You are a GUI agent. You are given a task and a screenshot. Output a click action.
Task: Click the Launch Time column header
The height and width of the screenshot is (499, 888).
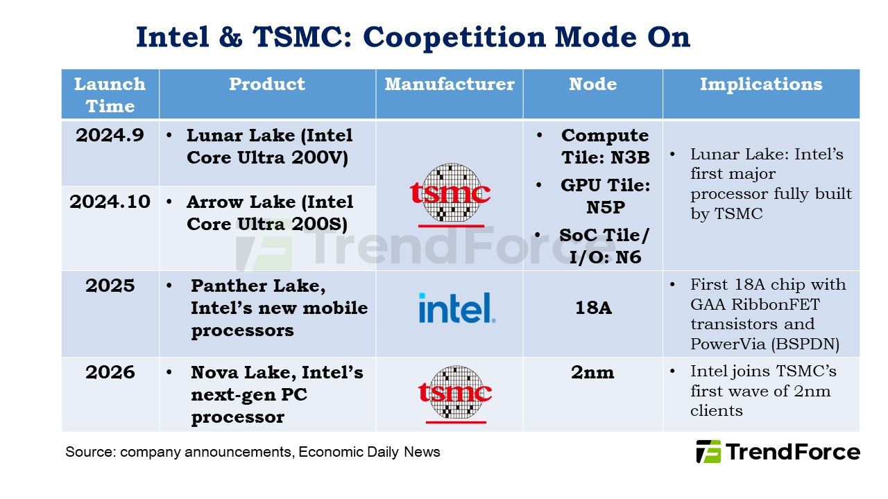(x=110, y=95)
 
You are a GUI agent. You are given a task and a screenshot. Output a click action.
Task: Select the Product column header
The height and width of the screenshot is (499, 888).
(x=267, y=84)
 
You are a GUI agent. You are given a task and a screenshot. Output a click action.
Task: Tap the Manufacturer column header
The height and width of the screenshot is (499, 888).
(x=450, y=84)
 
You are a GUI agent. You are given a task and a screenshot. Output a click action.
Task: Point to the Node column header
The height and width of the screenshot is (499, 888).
(x=592, y=84)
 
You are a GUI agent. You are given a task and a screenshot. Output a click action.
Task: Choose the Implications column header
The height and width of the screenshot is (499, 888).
(x=761, y=85)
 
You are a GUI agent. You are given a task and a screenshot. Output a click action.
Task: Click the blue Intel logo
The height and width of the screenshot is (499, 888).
(x=456, y=308)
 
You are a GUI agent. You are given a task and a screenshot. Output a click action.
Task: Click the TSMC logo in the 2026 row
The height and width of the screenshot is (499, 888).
(x=455, y=394)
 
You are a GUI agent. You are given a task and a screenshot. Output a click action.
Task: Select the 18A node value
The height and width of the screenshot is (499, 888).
(x=593, y=308)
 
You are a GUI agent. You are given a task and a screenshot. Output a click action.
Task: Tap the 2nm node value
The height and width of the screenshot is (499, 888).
(x=592, y=372)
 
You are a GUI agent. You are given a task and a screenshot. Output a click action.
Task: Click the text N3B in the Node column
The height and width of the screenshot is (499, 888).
(x=630, y=157)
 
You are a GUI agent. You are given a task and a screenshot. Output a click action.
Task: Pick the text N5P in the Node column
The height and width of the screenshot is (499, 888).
(x=606, y=207)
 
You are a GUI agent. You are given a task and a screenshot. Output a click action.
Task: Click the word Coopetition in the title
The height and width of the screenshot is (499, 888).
(x=454, y=37)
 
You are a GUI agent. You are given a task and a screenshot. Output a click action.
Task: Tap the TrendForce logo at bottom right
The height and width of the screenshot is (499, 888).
(x=778, y=452)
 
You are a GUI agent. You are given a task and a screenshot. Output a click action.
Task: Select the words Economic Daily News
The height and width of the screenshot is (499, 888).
(x=369, y=453)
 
